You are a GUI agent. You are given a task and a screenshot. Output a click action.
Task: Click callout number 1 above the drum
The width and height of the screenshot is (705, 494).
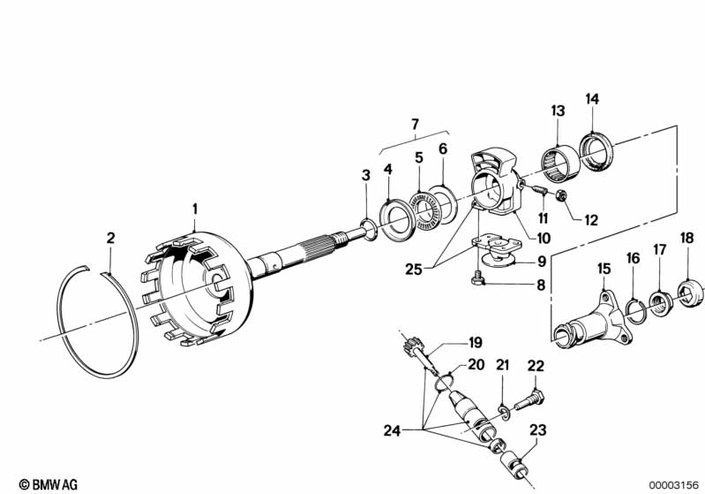(195, 209)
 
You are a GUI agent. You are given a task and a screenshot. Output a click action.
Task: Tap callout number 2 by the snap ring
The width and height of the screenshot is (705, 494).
(110, 238)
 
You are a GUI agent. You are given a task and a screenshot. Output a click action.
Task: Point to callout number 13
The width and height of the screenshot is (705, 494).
(558, 110)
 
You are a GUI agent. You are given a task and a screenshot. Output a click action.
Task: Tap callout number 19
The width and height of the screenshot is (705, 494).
(476, 342)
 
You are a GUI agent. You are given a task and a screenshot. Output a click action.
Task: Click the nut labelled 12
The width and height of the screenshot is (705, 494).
(562, 195)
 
